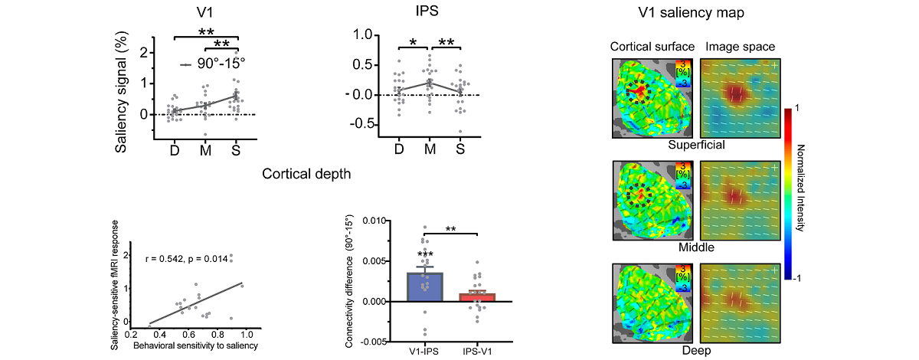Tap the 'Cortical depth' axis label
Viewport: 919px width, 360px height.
pos(307,174)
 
